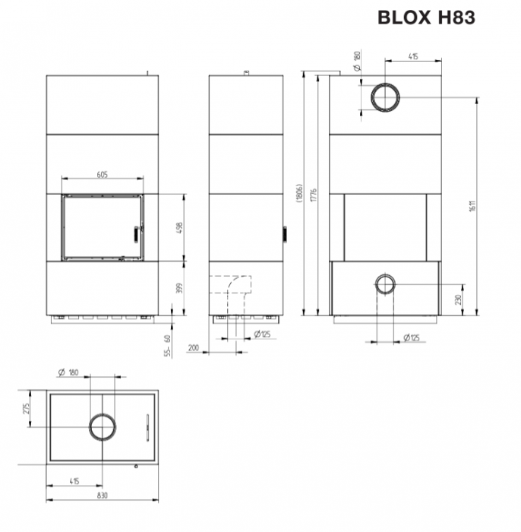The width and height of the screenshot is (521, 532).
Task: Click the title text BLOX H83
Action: (x=426, y=17)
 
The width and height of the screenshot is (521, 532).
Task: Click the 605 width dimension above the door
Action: (x=103, y=175)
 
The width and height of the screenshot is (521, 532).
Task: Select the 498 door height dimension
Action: (x=180, y=227)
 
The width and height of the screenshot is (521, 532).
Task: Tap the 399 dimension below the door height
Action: (x=180, y=288)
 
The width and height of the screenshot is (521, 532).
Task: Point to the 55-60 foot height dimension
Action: (x=169, y=346)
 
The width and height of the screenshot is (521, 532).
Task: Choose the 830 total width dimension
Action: (x=103, y=495)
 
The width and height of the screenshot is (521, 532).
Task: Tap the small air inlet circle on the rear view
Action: (x=385, y=284)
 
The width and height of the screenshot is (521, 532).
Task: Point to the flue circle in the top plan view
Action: (x=103, y=428)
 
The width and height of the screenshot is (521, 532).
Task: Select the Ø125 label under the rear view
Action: (x=412, y=337)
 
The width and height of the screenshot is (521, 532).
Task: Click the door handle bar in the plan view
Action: (x=147, y=427)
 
